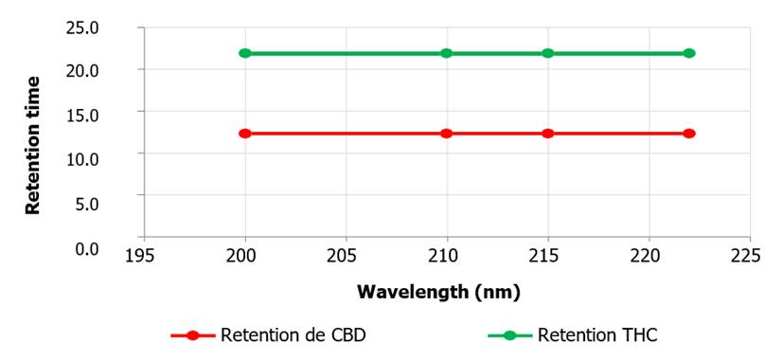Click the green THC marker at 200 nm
(x=245, y=53)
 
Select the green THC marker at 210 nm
(x=447, y=53)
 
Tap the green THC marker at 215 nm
(x=548, y=53)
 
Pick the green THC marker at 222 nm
(x=689, y=53)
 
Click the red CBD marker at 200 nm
(x=245, y=134)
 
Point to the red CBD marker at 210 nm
(x=447, y=134)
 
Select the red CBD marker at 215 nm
(x=548, y=134)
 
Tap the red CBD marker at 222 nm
(x=689, y=134)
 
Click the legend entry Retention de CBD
(x=269, y=335)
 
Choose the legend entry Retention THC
(x=573, y=335)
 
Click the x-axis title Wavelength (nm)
(x=439, y=292)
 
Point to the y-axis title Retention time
(x=33, y=146)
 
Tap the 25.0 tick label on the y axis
(x=83, y=27)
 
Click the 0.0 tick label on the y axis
(x=87, y=248)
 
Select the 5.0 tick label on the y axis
(x=87, y=204)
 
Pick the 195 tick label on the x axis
(x=144, y=256)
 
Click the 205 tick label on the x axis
(x=347, y=256)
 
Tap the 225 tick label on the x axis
(x=750, y=256)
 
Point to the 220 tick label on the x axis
(x=650, y=256)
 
